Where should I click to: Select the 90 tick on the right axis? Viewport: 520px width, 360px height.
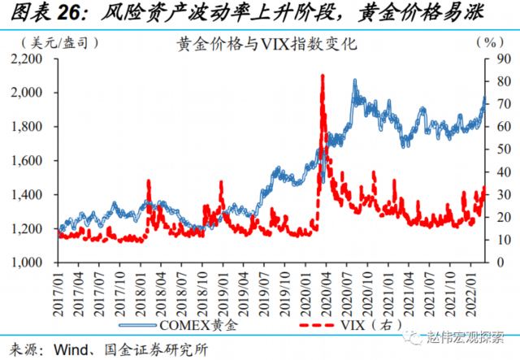click(x=502, y=59)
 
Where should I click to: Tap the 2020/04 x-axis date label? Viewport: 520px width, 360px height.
click(x=323, y=290)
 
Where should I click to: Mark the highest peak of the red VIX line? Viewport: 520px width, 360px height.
click(x=323, y=76)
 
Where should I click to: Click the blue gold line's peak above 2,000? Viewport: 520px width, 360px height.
click(x=355, y=82)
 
